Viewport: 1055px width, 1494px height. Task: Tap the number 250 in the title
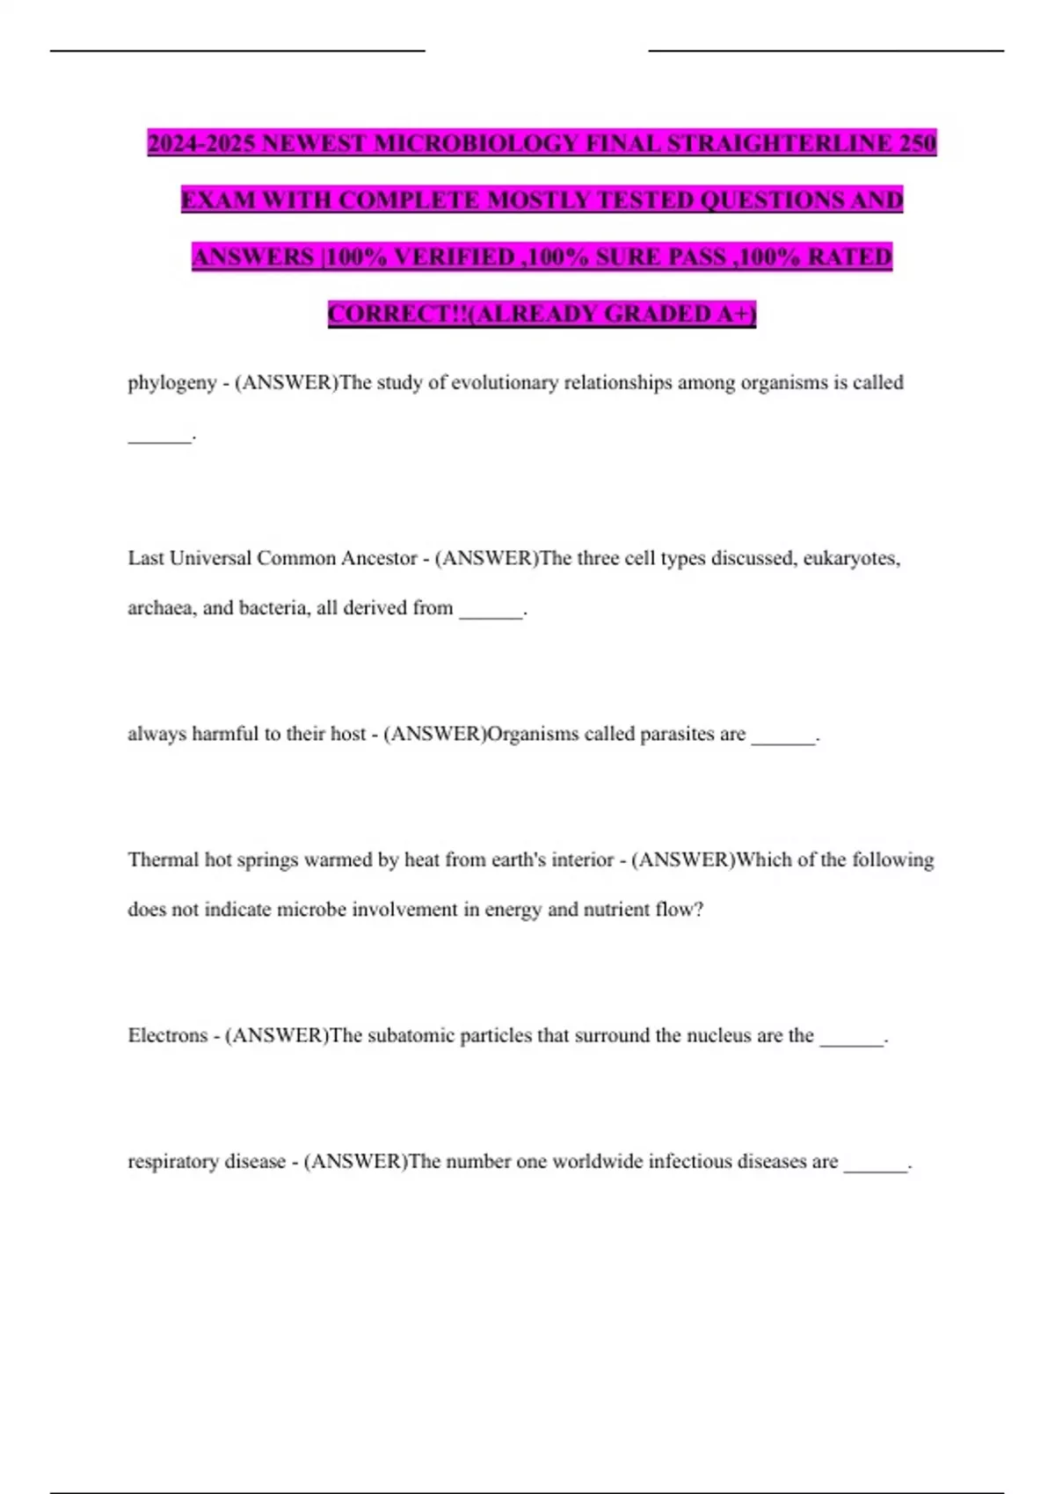pyautogui.click(x=918, y=143)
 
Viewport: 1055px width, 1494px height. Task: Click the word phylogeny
pyautogui.click(x=172, y=383)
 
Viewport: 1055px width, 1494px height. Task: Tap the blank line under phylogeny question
pyautogui.click(x=159, y=437)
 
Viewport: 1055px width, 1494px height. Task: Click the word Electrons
pyautogui.click(x=168, y=1035)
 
